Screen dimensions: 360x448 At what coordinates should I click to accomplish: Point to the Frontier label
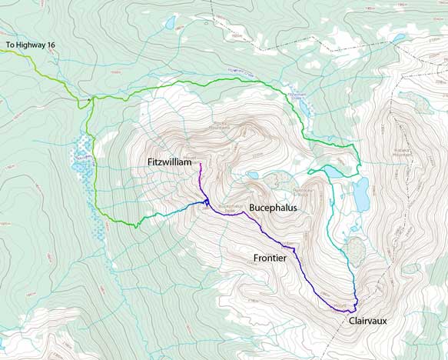(270, 258)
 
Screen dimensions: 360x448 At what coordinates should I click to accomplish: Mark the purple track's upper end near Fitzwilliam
(201, 164)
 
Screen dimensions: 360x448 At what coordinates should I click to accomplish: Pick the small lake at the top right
(398, 37)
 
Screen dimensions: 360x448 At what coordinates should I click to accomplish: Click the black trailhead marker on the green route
(91, 98)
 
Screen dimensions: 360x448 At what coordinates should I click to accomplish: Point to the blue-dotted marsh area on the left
(81, 158)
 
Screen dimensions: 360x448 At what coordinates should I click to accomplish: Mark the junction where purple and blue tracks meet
(206, 203)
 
